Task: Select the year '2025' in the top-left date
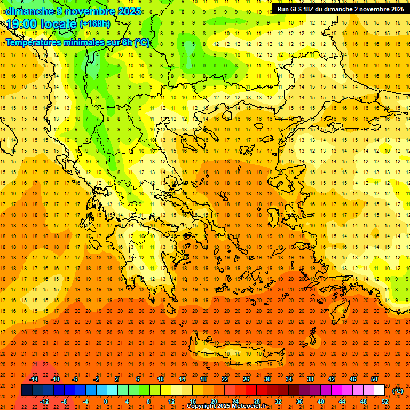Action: point(129,11)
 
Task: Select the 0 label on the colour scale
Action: point(106,401)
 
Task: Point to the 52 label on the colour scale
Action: point(385,401)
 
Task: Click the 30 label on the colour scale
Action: point(267,379)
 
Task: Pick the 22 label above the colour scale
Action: point(225,379)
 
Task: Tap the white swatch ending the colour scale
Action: point(379,390)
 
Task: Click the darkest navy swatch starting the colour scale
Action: point(27,390)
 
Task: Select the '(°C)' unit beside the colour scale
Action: point(398,391)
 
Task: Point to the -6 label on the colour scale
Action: point(75,379)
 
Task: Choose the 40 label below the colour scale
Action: point(321,401)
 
